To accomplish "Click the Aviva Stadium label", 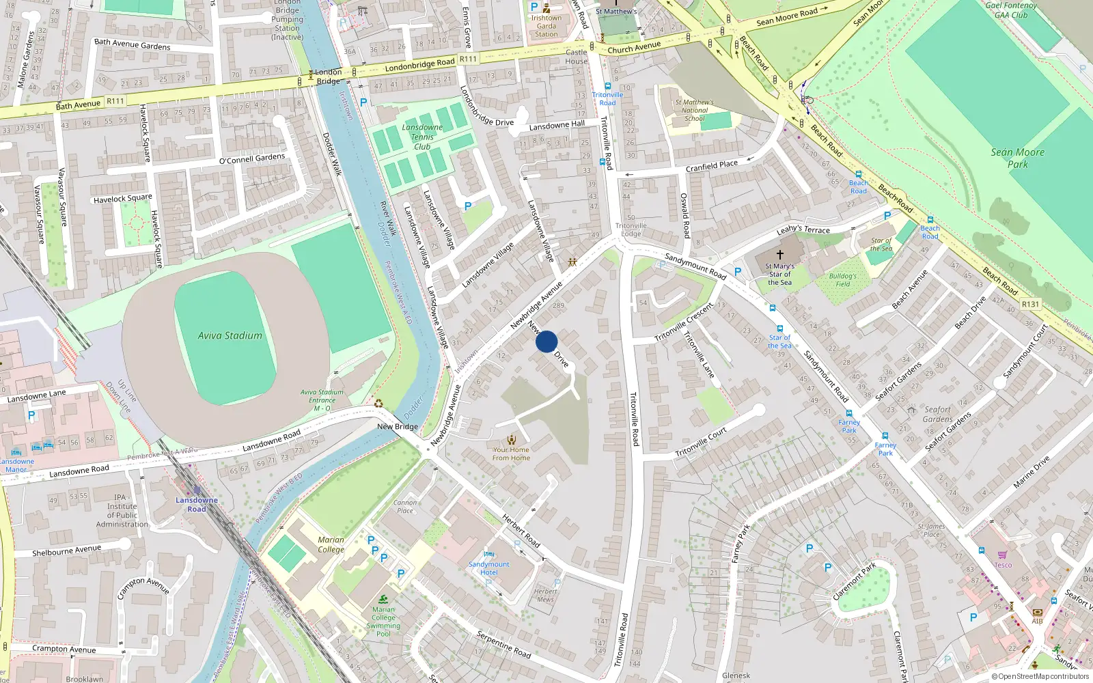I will (230, 335).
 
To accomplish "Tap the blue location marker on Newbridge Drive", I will (546, 341).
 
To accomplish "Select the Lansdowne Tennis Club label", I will (422, 137).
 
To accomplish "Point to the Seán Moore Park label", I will (1018, 158).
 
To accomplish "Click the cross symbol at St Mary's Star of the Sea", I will (779, 254).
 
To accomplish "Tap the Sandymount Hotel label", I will (489, 568).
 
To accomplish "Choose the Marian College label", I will (331, 544).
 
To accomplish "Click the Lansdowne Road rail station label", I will (197, 504).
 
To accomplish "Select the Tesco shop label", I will (1003, 565).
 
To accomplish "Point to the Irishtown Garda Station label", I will (546, 26).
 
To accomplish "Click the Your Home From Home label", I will (511, 454).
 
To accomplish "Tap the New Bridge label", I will (398, 426).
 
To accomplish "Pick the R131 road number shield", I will (1030, 304).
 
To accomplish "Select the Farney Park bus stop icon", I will (885, 435).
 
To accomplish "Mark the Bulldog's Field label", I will (843, 280).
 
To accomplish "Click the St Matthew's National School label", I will (695, 110).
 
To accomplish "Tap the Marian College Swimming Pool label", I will (384, 622).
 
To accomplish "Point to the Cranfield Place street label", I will (712, 166).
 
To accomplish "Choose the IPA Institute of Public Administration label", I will (122, 511).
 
